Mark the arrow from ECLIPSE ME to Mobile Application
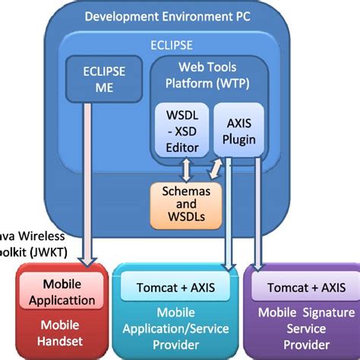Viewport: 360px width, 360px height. pyautogui.click(x=90, y=182)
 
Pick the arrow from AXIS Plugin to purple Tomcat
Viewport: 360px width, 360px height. pyautogui.click(x=256, y=213)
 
